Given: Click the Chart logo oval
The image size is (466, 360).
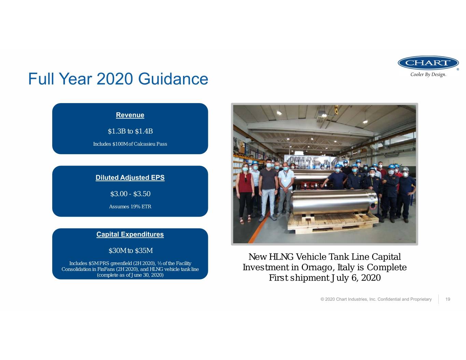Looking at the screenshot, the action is (x=428, y=63).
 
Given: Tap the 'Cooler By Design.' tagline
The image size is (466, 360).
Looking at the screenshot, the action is (x=428, y=75).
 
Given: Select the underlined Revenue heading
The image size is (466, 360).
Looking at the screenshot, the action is (x=130, y=115).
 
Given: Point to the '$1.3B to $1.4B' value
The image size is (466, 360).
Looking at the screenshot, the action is (x=130, y=131).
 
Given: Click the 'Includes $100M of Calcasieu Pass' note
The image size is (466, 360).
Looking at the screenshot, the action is (x=130, y=144).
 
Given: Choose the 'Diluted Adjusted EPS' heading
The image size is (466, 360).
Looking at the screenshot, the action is (x=130, y=178).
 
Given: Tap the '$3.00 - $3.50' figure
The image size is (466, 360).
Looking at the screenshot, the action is (x=130, y=194).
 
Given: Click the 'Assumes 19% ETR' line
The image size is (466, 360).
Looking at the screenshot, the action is (x=130, y=206).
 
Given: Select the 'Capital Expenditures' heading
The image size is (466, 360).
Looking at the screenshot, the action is (x=130, y=234).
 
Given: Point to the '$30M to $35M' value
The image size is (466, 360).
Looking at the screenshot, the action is (x=131, y=250).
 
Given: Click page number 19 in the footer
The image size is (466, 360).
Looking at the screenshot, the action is (x=448, y=299).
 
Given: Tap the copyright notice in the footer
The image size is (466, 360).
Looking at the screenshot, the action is (x=376, y=299).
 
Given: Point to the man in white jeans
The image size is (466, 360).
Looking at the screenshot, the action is (x=268, y=190).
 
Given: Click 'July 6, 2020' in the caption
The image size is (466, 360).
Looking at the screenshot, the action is (x=355, y=278).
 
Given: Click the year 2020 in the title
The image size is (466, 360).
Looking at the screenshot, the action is (x=115, y=79).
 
